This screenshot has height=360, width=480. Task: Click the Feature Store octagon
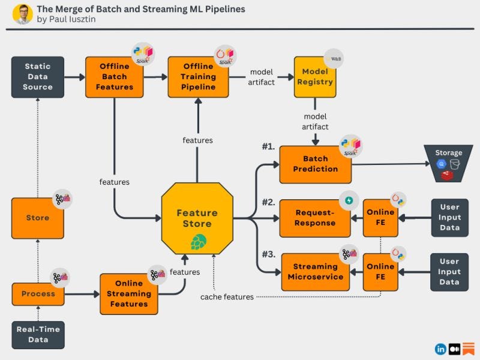[x=197, y=218]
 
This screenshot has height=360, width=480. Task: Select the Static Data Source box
[x=38, y=77]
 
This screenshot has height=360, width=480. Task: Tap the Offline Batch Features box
[x=114, y=77]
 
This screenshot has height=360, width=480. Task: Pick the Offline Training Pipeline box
[x=198, y=77]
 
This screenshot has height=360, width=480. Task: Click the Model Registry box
[x=314, y=77]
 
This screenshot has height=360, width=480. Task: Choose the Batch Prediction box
[x=315, y=164]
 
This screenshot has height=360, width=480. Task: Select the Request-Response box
[x=315, y=218]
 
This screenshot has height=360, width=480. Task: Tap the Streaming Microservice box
[x=315, y=271]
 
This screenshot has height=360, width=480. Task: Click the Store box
[x=38, y=218]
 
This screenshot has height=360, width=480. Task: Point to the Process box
[x=38, y=294]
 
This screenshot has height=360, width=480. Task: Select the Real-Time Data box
[x=38, y=335]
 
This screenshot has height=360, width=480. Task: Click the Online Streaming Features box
[x=128, y=293]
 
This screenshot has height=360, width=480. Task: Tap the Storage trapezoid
[x=449, y=163]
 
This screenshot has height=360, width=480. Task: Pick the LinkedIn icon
[x=441, y=349]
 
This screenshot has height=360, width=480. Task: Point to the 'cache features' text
[x=227, y=297]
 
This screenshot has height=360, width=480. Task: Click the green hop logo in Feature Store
[x=198, y=242]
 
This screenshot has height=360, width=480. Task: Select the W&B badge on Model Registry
[x=333, y=60]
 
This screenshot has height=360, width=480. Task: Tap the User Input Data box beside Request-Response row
[x=449, y=217]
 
